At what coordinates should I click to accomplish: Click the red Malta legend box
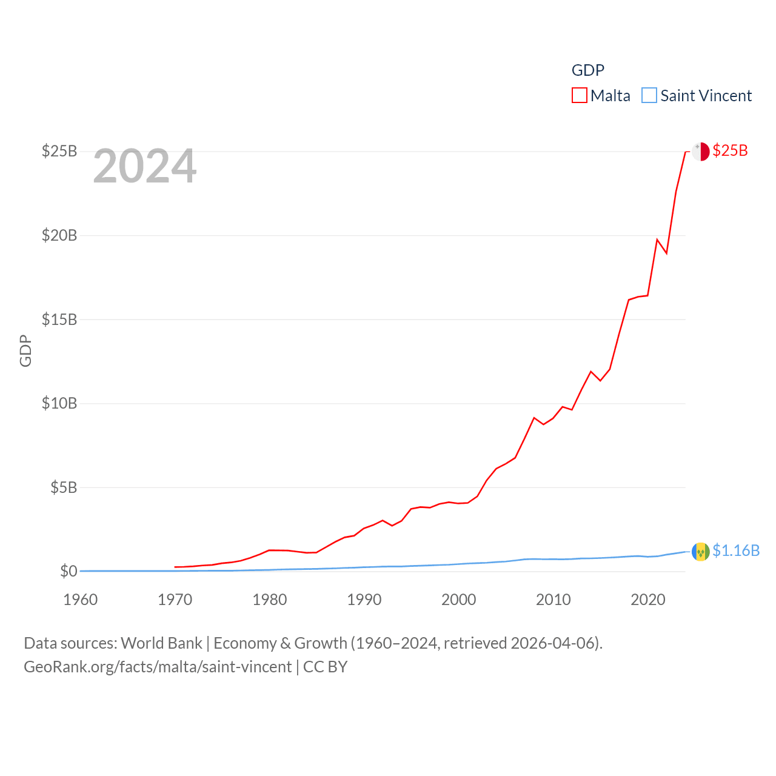580,96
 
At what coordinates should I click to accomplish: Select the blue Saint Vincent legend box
649,96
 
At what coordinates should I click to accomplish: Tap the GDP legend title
587,70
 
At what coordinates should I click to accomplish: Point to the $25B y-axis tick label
59,151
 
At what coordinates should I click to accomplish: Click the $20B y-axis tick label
59,235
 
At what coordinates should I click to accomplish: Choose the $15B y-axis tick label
59,319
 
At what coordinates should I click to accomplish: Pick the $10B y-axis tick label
59,403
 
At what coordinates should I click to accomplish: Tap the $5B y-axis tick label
64,487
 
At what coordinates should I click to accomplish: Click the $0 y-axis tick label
69,571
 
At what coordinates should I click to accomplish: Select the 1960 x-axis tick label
81,600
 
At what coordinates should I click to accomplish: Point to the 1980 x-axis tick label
270,600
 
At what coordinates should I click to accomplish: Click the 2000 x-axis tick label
459,600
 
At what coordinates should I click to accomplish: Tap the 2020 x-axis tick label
648,600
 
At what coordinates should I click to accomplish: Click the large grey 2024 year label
145,166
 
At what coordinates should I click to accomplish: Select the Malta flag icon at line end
700,152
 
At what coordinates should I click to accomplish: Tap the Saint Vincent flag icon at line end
700,552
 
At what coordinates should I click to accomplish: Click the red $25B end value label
730,151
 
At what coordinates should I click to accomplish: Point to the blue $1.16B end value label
736,551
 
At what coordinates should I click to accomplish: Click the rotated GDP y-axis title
25,350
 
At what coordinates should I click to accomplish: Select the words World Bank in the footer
161,643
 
